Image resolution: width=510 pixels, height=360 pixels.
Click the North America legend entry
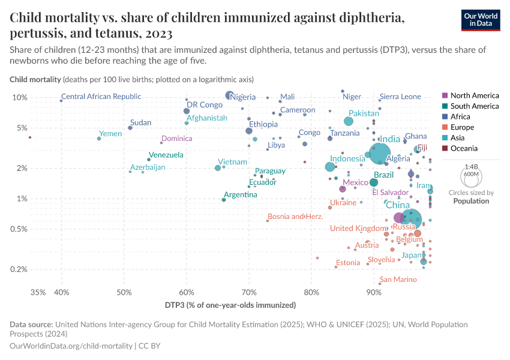tap(474, 95)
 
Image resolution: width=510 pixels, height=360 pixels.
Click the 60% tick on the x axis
tap(187, 292)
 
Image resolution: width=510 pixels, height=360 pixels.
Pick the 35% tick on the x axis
tap(37, 292)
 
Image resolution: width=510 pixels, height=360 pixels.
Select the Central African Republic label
tap(101, 97)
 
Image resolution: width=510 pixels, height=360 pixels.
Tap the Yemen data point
tap(99, 139)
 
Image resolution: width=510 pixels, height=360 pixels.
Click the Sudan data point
tap(130, 128)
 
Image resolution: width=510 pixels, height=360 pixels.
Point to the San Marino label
tap(398, 280)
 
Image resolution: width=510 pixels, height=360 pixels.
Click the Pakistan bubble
tap(349, 121)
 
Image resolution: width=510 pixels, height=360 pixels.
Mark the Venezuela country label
tap(166, 155)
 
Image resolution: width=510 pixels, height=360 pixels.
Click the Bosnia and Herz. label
tap(295, 217)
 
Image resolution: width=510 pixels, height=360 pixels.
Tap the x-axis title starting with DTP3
tap(230, 305)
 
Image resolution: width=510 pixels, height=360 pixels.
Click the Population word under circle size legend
tap(471, 201)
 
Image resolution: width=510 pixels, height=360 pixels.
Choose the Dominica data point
tap(161, 142)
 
